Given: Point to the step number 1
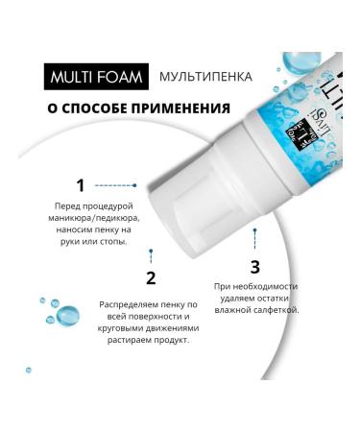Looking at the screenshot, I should click(80, 184).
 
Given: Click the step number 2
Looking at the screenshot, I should click(151, 279).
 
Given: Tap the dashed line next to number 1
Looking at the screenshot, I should click(115, 184).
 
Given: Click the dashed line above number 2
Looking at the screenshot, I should click(151, 256).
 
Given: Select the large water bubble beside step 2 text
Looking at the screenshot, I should click(67, 314).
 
